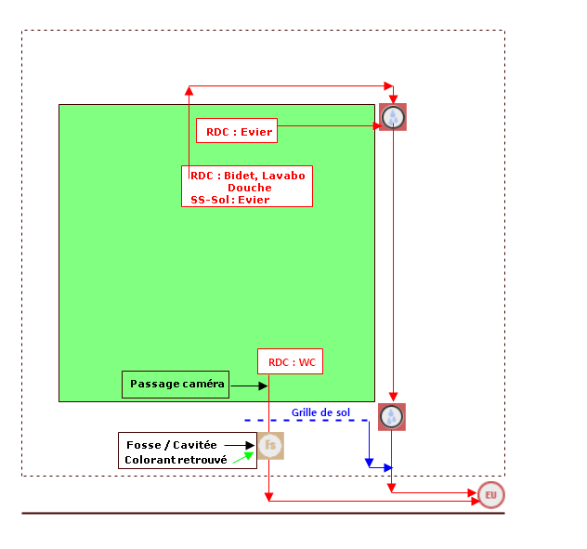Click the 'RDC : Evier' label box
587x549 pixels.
[237, 131]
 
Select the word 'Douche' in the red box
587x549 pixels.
[250, 188]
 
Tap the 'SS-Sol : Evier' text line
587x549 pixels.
[229, 200]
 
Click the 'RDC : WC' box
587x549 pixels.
[290, 361]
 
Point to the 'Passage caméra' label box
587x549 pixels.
[176, 385]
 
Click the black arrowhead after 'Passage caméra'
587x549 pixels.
[263, 386]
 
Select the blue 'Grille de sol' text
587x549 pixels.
[320, 412]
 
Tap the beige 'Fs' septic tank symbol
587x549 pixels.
[270, 446]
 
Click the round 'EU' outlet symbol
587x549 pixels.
[491, 495]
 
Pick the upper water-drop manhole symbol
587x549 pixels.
[393, 117]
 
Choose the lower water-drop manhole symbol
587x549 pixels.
[392, 417]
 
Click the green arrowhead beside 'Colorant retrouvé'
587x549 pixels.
[249, 456]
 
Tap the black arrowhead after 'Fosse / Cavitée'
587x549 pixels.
[250, 445]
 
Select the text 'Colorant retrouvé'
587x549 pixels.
[176, 460]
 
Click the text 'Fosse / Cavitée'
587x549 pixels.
[172, 445]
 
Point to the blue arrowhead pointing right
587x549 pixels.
[388, 467]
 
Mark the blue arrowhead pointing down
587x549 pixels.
[369, 463]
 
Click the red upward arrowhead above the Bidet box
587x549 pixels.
[189, 90]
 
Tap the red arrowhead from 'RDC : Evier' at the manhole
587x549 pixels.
[377, 125]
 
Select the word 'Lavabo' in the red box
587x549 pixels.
[283, 176]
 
